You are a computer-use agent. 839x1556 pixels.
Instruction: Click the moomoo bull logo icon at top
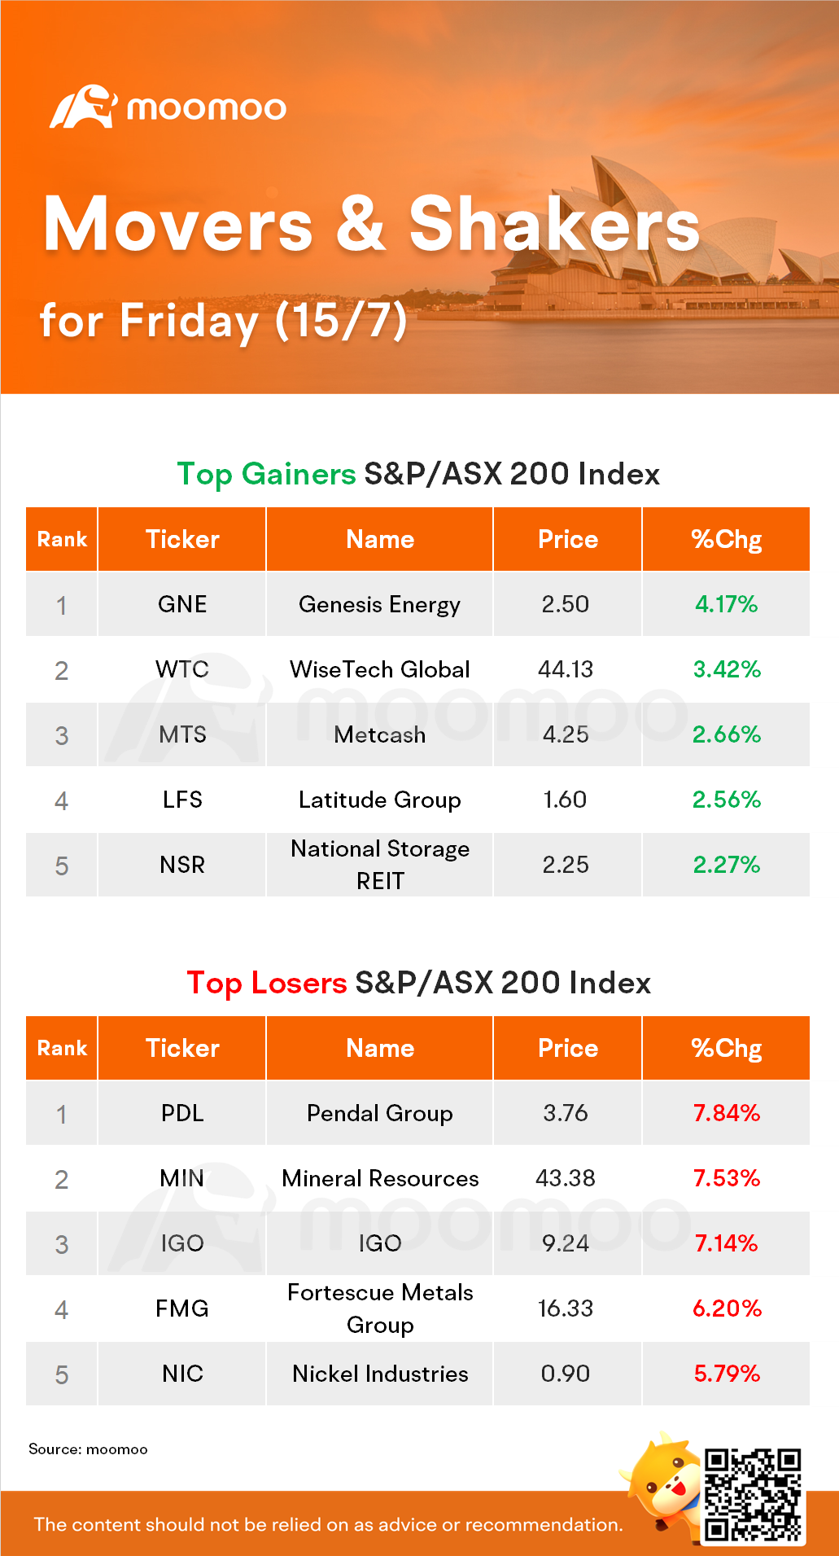pos(83,107)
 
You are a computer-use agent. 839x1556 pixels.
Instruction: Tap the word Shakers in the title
pos(553,225)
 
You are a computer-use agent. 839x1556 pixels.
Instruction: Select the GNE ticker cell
pos(182,604)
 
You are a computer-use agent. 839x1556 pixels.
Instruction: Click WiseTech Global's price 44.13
pos(566,669)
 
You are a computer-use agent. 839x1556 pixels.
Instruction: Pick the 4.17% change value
pos(726,604)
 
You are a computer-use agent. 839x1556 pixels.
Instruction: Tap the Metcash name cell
pos(379,734)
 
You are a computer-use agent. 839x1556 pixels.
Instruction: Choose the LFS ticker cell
pos(182,800)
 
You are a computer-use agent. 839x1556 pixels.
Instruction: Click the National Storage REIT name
pos(379,865)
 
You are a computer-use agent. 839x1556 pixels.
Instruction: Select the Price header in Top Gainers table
pos(568,539)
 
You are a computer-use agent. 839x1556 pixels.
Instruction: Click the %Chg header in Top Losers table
pos(726,1048)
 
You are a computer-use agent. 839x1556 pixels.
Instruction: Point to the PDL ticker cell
pos(182,1113)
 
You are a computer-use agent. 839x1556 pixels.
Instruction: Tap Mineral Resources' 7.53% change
pos(726,1178)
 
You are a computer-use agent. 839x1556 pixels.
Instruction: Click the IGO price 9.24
pos(566,1243)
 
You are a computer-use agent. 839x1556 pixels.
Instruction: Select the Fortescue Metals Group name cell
pos(379,1308)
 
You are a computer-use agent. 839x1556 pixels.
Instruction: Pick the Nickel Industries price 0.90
pos(566,1374)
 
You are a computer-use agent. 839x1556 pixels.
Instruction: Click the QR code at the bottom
pos(753,1495)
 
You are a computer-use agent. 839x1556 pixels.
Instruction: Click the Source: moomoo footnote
pos(88,1449)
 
